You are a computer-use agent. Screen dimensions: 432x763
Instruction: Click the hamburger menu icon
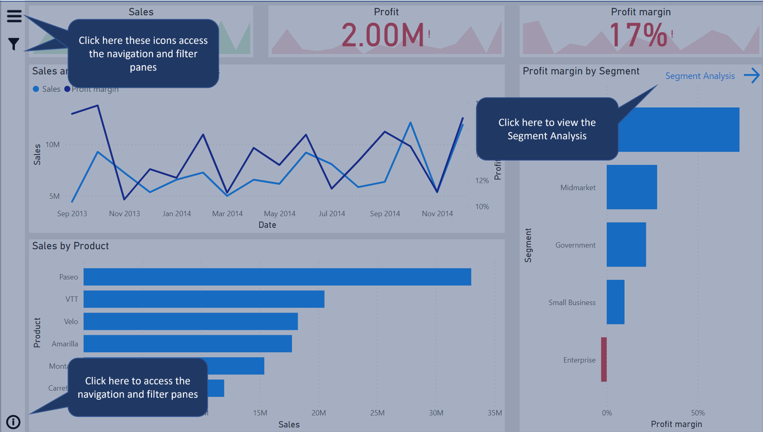click(14, 16)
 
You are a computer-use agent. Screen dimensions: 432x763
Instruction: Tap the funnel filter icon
click(14, 43)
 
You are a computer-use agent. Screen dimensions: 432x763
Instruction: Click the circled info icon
click(13, 422)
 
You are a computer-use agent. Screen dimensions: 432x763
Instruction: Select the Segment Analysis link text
click(700, 76)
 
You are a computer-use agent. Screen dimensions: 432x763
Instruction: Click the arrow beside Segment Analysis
click(751, 76)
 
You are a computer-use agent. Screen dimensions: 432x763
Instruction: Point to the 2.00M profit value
click(383, 35)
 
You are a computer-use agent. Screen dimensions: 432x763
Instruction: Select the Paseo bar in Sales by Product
click(277, 277)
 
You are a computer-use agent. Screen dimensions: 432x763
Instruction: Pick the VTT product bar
click(204, 299)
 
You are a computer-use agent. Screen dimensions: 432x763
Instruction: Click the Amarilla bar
click(188, 344)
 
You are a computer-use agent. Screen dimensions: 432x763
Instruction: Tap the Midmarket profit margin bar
click(631, 187)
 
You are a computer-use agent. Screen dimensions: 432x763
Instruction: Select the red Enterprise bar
click(604, 360)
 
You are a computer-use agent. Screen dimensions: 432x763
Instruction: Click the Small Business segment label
click(572, 303)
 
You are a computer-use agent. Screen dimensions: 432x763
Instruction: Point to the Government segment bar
click(626, 245)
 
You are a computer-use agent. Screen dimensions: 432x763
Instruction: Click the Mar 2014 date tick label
click(227, 214)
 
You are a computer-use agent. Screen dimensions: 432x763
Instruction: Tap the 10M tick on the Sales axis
click(53, 145)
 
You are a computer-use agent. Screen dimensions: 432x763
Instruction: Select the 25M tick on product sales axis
click(377, 413)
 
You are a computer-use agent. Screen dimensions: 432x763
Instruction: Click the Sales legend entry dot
click(36, 89)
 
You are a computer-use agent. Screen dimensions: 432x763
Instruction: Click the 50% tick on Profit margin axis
click(698, 413)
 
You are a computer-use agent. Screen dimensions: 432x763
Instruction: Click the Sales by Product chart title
click(70, 246)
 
